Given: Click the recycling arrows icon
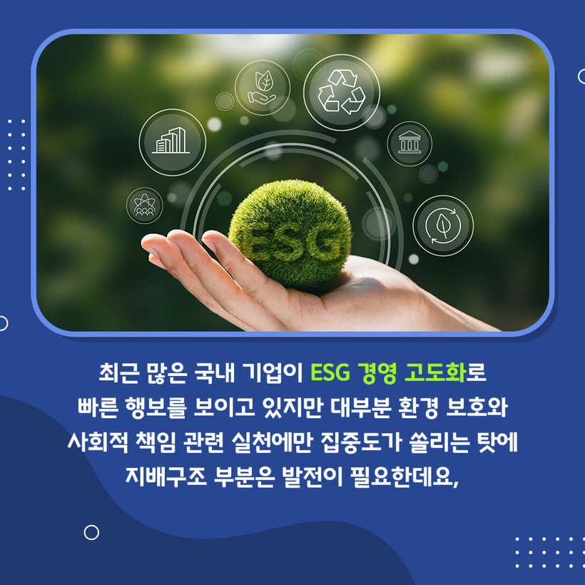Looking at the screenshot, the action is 342,92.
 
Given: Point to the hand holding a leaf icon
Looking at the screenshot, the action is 263,88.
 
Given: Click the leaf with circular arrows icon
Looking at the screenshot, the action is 443,225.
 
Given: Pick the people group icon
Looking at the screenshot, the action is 144,205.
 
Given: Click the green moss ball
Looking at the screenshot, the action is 290,235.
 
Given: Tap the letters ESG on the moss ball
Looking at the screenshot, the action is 291,245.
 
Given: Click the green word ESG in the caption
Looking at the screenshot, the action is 330,372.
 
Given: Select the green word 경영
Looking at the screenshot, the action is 377,372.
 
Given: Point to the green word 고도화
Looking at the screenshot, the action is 435,372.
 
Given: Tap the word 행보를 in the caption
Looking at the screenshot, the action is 156,407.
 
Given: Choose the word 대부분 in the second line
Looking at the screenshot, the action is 361,407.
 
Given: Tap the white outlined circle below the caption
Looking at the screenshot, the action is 91,532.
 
